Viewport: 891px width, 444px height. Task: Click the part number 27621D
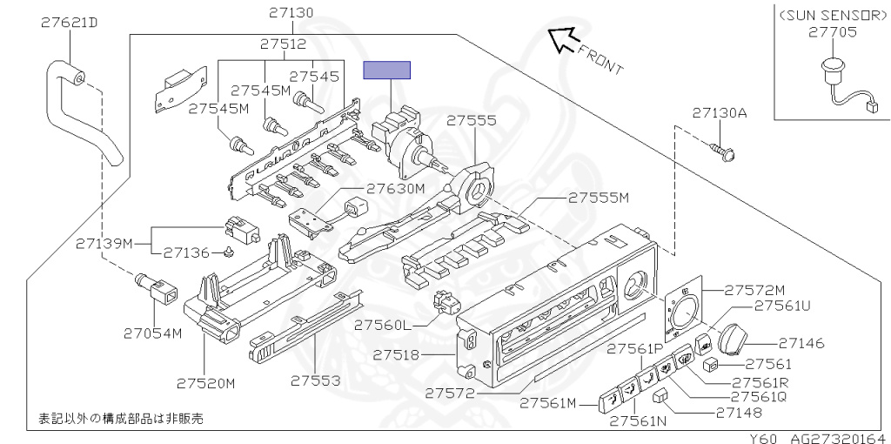pos(69,22)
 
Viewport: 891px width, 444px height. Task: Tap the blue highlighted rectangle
pos(387,71)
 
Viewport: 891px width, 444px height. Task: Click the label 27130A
pos(720,113)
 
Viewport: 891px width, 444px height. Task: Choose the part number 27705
pos(832,32)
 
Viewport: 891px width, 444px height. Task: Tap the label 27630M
pos(395,188)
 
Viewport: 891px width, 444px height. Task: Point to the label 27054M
pos(152,333)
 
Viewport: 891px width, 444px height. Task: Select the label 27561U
pos(781,306)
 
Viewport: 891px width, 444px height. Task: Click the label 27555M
pos(598,198)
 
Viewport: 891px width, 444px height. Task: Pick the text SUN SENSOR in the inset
pos(832,16)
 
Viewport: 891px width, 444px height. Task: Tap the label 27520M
pos(206,383)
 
